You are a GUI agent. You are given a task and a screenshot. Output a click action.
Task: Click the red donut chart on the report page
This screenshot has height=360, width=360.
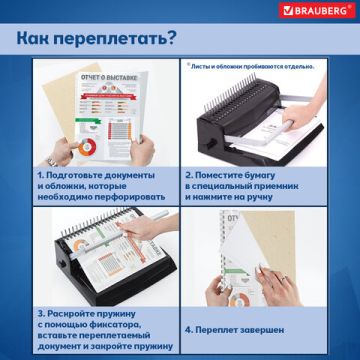pyautogui.click(x=88, y=146)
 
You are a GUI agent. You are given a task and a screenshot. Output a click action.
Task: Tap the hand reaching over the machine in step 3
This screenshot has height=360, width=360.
pyautogui.click(x=145, y=225)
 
